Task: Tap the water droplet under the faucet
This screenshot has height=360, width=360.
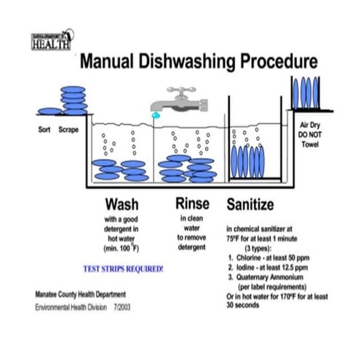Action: click(153, 115)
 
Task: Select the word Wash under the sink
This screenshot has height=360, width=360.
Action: click(122, 203)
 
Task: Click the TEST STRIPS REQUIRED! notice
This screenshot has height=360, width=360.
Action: click(124, 268)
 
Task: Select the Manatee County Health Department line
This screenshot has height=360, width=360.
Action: click(84, 295)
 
